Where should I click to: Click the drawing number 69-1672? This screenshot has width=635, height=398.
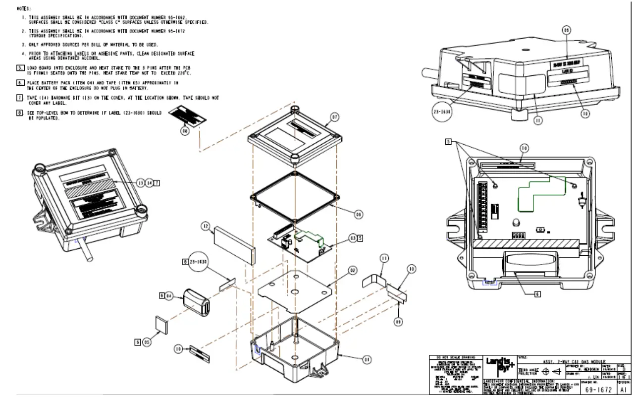[597, 390]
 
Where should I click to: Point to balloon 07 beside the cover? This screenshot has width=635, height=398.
[334, 117]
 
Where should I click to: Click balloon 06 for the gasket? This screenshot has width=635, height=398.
[359, 214]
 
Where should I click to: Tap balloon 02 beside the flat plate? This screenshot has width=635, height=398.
[352, 271]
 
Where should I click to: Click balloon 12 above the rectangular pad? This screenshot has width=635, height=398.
[206, 226]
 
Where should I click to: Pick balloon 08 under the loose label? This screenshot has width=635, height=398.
[185, 131]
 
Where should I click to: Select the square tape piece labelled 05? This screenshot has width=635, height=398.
[161, 324]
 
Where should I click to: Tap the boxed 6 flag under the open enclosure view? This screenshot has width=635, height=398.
[537, 293]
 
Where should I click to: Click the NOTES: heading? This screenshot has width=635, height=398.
[23, 8]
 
